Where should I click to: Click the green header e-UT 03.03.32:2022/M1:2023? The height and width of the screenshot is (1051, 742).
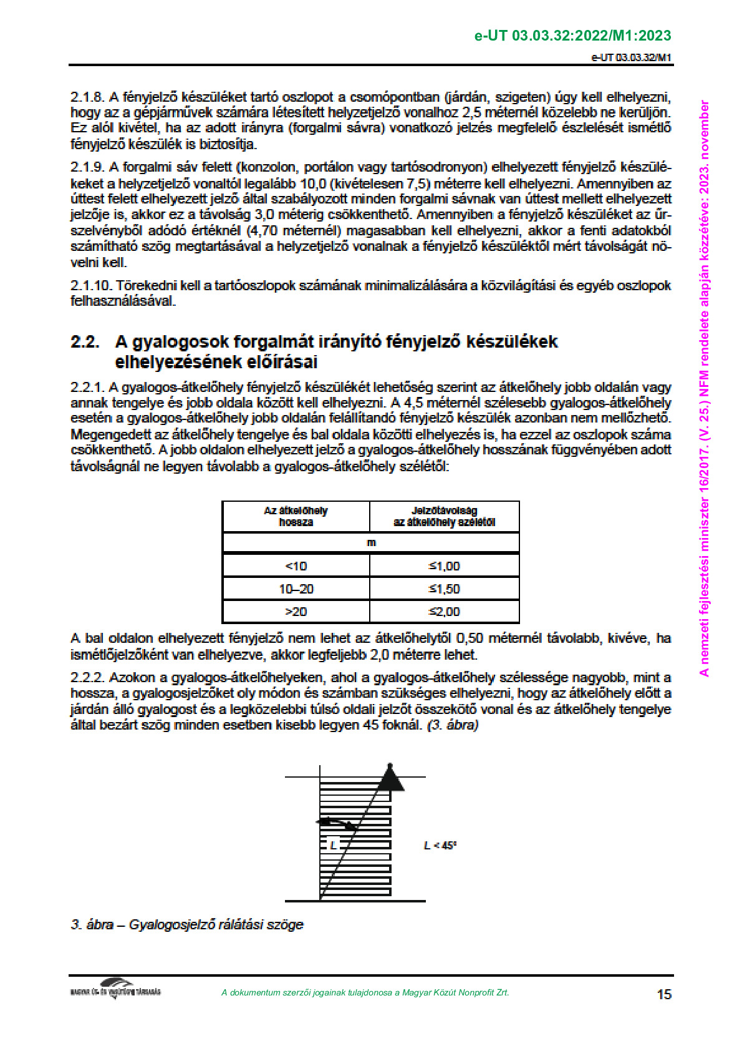[572, 36]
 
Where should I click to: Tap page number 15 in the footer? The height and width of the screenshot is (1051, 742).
[664, 994]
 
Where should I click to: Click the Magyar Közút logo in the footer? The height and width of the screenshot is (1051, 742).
[115, 989]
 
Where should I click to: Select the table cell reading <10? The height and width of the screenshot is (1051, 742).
[296, 566]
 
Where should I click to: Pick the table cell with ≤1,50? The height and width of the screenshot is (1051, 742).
[444, 589]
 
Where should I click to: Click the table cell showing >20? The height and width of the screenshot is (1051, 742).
[296, 612]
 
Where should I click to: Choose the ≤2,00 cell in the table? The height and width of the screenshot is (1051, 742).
[444, 612]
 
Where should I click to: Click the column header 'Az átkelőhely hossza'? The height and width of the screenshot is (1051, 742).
[296, 516]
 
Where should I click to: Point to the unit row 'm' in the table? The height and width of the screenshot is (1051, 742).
[371, 542]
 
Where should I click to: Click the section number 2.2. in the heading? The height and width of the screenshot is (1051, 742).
[85, 342]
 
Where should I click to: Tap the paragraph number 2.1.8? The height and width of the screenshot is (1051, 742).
[88, 97]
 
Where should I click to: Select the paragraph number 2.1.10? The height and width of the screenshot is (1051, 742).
[91, 286]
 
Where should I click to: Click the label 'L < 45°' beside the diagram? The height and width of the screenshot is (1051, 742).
[440, 846]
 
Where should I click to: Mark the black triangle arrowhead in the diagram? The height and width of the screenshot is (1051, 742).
[390, 779]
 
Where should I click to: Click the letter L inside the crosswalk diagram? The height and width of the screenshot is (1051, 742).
[333, 846]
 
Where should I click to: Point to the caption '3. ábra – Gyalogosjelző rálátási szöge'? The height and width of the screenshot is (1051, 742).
[187, 924]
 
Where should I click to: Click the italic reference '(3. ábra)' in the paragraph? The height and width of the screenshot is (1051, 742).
[453, 725]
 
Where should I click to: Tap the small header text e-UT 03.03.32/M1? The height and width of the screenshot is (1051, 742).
[631, 57]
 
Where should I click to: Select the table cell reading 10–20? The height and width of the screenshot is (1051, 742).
[296, 589]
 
